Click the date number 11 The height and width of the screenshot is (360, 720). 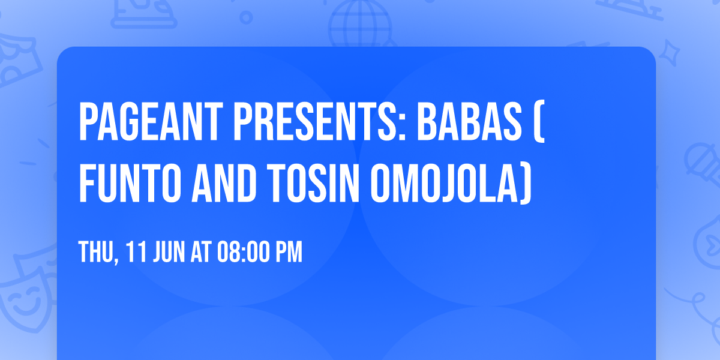coord(133,253)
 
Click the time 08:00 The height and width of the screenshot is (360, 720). coord(245,253)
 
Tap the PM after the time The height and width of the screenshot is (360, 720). coord(290,253)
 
